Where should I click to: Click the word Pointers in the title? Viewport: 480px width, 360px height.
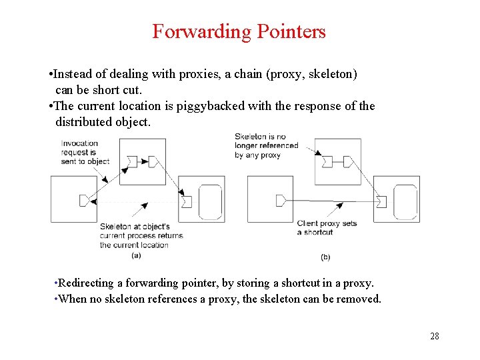[x=293, y=31]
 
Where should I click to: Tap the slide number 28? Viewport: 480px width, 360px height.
[x=434, y=336]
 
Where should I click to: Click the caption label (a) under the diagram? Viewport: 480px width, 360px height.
[x=136, y=255]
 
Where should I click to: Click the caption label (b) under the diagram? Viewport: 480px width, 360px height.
[x=325, y=256]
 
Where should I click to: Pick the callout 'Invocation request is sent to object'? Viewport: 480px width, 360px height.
[x=85, y=152]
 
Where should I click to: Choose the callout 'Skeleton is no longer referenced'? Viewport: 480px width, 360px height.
[x=266, y=145]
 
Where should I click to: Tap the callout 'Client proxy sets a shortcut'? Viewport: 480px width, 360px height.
[x=327, y=227]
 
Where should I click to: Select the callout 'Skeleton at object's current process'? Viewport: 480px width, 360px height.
[x=141, y=235]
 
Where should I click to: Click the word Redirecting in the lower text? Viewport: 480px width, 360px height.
[x=85, y=283]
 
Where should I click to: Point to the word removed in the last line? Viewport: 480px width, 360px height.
[x=360, y=299]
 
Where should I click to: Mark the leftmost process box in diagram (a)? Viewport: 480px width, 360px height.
[x=74, y=199]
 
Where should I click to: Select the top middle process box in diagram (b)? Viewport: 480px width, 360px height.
[x=337, y=161]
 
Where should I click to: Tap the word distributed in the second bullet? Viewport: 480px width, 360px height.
[x=85, y=122]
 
